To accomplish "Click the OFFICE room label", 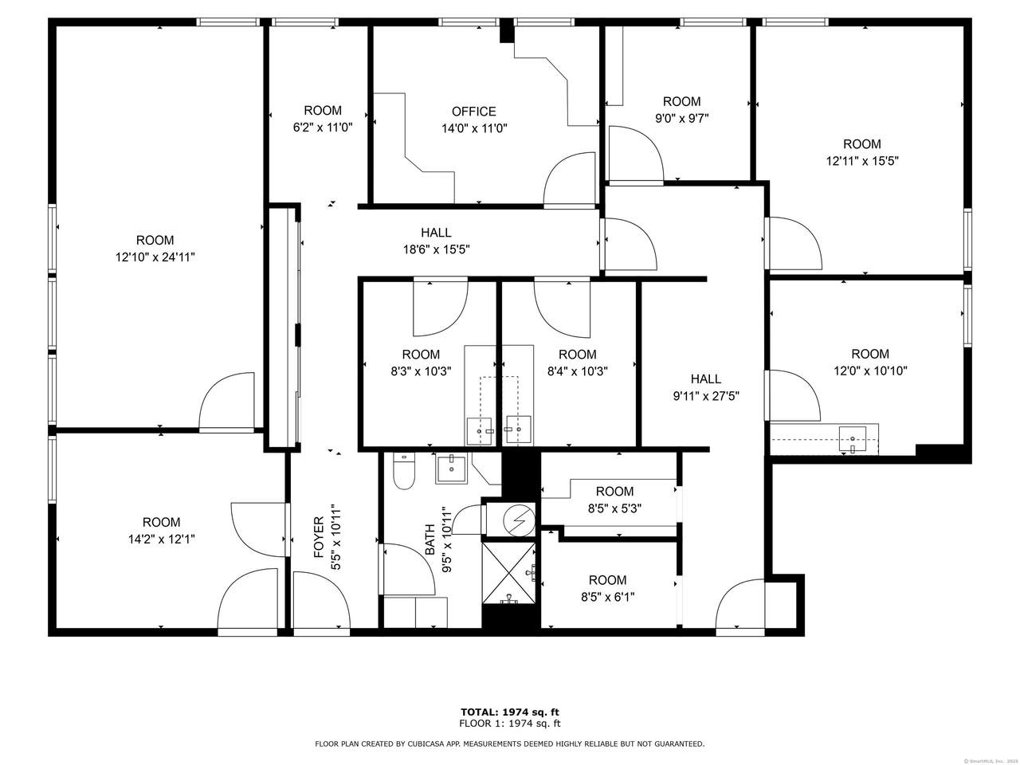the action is [473, 112].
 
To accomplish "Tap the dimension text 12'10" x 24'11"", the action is [155, 257].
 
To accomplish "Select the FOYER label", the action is [319, 537].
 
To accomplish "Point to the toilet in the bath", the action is [403, 470].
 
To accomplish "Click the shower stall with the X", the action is [509, 574].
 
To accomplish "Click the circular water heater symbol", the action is [519, 520].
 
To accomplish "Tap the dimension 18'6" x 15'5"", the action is [436, 250].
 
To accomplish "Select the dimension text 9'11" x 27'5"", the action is [706, 396].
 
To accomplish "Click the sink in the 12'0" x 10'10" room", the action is [852, 439].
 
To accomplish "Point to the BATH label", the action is [430, 539].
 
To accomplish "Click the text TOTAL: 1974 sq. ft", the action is [510, 712].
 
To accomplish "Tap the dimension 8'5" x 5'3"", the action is [614, 508].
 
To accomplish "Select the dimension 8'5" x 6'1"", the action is [607, 597].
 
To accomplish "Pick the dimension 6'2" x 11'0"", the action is [323, 127].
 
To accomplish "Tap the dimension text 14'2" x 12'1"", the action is [161, 539].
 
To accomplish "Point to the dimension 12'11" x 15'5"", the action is [862, 161].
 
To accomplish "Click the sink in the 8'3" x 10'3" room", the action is [479, 431].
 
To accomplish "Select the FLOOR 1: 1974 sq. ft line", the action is [510, 724].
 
